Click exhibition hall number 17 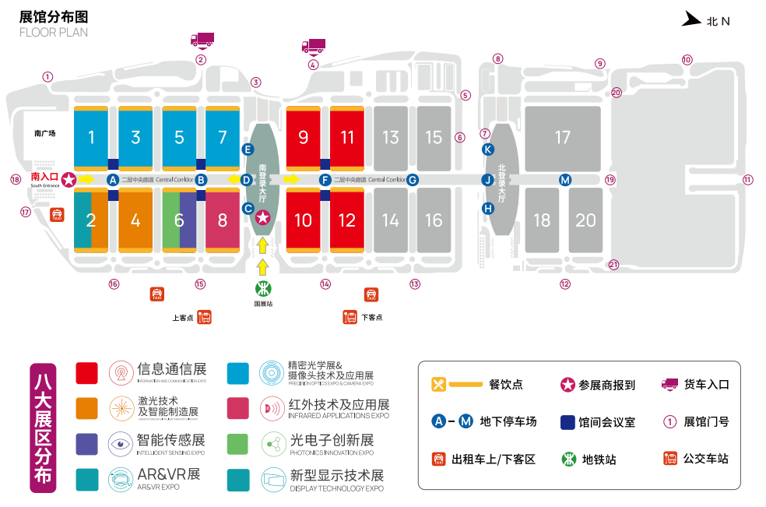562,138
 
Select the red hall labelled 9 304,138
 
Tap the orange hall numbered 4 135,220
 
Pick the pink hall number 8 223,220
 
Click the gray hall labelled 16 434,220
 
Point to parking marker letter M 565,180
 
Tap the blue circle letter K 488,149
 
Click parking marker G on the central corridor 413,180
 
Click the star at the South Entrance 69,180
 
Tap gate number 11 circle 748,179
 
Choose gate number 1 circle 47,76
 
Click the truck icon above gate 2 202,39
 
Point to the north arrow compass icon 691,19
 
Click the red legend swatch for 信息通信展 86,373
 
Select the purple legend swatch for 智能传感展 86,443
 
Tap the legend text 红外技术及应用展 339,405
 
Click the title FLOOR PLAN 53,33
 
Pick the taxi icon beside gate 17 57,214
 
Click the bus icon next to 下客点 350,317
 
